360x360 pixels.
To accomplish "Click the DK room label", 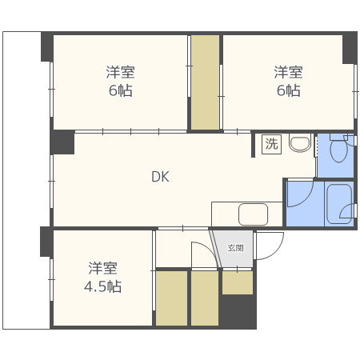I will pyautogui.click(x=160, y=178).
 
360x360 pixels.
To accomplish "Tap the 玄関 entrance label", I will pyautogui.click(x=234, y=248).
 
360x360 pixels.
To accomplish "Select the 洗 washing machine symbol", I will pyautogui.click(x=271, y=145).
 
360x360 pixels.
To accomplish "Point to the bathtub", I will pyautogui.click(x=338, y=205).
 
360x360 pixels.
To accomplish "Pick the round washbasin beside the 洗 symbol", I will pyautogui.click(x=299, y=144).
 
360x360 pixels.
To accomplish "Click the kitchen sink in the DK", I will pyautogui.click(x=253, y=214).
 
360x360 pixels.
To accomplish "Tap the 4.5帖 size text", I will pyautogui.click(x=103, y=286).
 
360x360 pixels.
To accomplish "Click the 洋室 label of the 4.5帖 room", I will pyautogui.click(x=103, y=267).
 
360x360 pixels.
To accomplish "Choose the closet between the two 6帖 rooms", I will pyautogui.click(x=205, y=82).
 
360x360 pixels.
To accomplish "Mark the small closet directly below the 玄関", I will pyautogui.click(x=238, y=282).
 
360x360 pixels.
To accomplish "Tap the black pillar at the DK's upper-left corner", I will pyautogui.click(x=62, y=142).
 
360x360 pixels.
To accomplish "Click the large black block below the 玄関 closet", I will pyautogui.click(x=238, y=312).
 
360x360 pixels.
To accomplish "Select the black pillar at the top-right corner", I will pyautogui.click(x=350, y=48).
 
